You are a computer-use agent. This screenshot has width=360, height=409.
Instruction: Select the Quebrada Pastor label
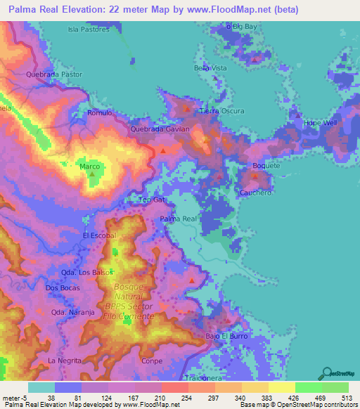pos(53,74)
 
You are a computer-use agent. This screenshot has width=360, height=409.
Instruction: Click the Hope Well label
pos(321,122)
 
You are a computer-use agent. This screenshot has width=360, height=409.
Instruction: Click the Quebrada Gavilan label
pos(160,130)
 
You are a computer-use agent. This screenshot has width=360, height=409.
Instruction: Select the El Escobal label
pos(98,235)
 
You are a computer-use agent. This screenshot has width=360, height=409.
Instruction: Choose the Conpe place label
pos(153,361)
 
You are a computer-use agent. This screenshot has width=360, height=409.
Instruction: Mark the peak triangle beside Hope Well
pos(298,115)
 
